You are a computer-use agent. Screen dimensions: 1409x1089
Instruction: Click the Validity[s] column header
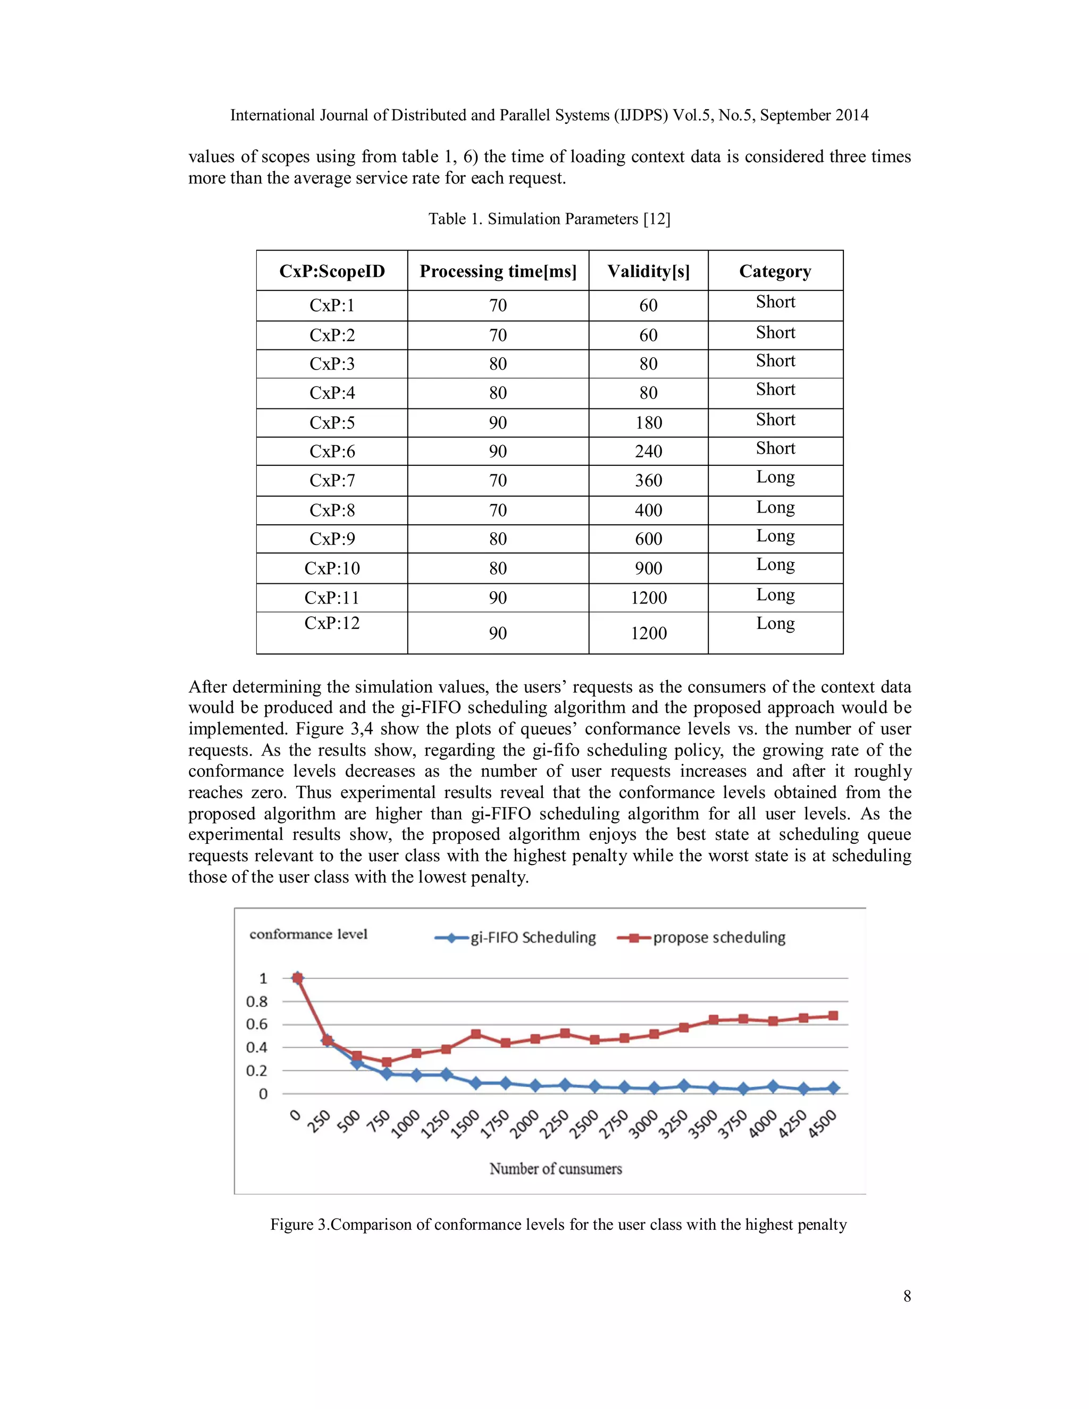648,271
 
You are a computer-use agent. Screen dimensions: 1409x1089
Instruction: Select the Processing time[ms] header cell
498,271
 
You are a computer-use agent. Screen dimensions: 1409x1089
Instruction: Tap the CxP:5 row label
332,423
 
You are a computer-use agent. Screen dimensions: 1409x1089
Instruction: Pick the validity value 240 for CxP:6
648,451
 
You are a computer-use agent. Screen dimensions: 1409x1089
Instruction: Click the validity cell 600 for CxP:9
648,539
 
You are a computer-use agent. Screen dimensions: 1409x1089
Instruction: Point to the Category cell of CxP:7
775,477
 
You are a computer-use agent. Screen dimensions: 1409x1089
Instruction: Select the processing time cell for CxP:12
498,633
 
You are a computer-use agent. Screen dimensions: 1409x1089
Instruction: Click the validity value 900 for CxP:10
648,568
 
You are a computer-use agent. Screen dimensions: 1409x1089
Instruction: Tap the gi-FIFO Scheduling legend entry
516,937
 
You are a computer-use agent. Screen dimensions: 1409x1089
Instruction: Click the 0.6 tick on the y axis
257,1025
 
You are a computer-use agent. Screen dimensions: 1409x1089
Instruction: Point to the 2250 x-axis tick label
555,1124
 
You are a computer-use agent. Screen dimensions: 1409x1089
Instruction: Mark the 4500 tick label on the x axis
822,1124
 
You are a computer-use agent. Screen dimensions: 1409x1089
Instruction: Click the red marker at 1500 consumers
475,1034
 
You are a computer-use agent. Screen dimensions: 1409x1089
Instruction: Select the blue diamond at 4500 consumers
833,1088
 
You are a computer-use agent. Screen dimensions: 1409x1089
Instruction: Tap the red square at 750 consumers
387,1062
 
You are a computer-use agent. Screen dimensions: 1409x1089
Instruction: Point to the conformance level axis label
308,934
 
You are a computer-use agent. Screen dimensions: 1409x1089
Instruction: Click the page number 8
907,1297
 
